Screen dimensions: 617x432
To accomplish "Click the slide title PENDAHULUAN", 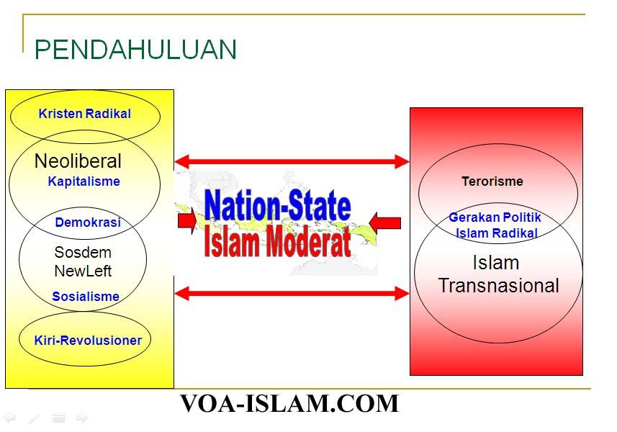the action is (x=135, y=49).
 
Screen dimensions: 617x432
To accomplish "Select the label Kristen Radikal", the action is (x=85, y=114).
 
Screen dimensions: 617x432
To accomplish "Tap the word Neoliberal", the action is (x=78, y=161).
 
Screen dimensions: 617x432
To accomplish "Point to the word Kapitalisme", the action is (x=84, y=181).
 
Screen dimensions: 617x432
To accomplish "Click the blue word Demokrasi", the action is (x=88, y=222).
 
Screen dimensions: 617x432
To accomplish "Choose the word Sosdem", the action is (x=83, y=252).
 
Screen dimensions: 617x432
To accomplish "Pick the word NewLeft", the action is (x=83, y=271).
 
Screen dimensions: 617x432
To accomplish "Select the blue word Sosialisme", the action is (x=86, y=296).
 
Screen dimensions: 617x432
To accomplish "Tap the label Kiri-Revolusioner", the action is (x=88, y=341).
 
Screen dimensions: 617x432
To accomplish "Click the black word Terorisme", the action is (x=492, y=181).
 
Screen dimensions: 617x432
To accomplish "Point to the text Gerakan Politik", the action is (x=495, y=217).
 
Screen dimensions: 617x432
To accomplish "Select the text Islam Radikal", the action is (x=497, y=233).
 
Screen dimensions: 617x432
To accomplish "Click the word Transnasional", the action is (x=498, y=285).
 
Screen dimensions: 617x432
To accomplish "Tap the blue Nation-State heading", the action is (x=277, y=205).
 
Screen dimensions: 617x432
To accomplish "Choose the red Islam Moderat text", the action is (x=277, y=241).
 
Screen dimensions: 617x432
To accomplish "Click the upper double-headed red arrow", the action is (x=292, y=161).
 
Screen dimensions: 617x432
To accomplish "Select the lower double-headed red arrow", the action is (x=292, y=293).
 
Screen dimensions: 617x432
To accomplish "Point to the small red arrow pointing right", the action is (x=187, y=221).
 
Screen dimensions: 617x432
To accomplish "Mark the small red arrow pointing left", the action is (x=385, y=223).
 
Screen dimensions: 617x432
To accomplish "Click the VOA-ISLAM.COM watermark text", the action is (x=289, y=403).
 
